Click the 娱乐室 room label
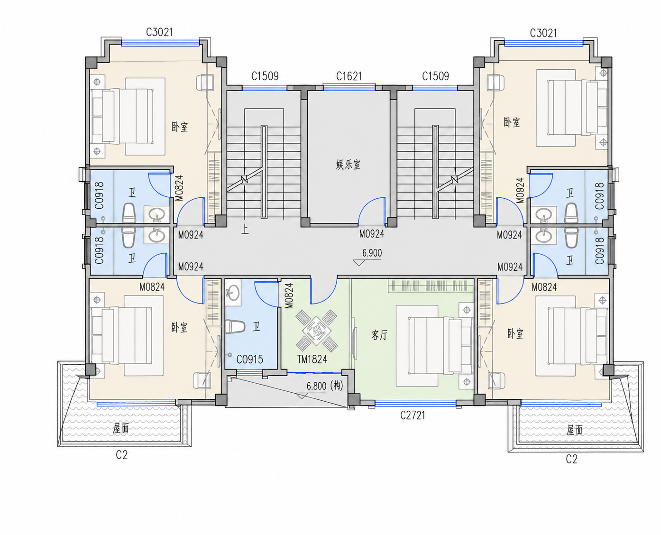(x=348, y=165)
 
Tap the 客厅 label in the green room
(x=379, y=335)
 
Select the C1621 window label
(x=349, y=76)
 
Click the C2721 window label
(x=413, y=415)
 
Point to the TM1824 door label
(x=312, y=360)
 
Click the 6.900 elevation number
(x=372, y=253)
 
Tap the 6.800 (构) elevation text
(x=325, y=386)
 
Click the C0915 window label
(x=249, y=360)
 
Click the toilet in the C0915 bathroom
(x=235, y=326)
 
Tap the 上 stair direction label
(x=245, y=230)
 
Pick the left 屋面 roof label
(x=120, y=429)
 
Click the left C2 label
(x=122, y=455)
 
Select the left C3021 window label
(x=159, y=32)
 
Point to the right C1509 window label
(x=435, y=76)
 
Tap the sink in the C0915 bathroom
(x=233, y=292)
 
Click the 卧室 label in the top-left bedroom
(x=180, y=127)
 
